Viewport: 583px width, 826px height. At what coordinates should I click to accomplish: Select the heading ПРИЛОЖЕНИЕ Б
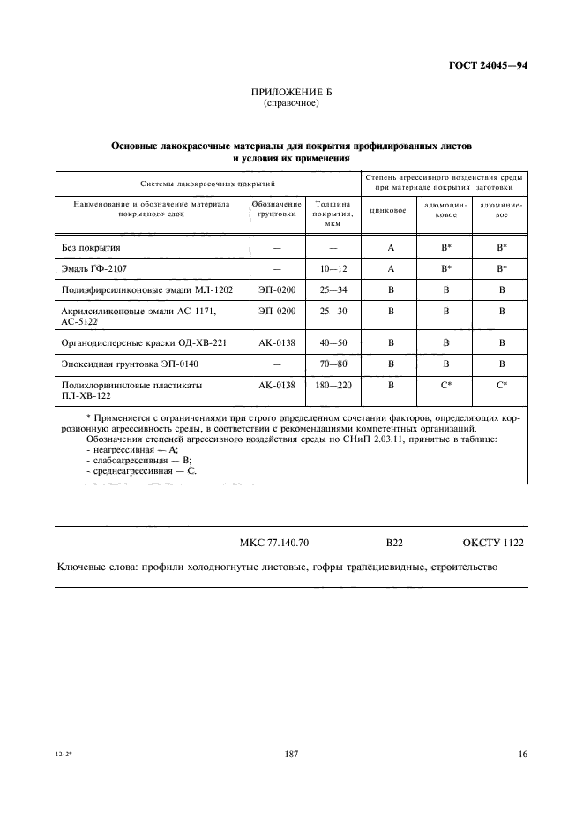click(x=290, y=93)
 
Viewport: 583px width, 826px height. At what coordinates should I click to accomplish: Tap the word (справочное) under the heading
click(x=290, y=104)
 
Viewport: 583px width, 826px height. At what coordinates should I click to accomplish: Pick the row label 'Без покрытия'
click(x=91, y=248)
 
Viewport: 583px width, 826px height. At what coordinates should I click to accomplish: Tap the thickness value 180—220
click(x=333, y=385)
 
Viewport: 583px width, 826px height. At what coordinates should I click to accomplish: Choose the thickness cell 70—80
click(x=333, y=363)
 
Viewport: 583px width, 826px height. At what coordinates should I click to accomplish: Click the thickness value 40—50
click(x=333, y=342)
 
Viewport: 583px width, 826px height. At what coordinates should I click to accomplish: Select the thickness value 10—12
click(x=333, y=267)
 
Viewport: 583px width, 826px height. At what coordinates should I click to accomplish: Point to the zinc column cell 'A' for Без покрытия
click(x=390, y=248)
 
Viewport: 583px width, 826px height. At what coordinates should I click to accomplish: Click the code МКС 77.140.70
click(x=273, y=543)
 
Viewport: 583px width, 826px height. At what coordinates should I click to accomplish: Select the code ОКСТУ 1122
click(x=493, y=543)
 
